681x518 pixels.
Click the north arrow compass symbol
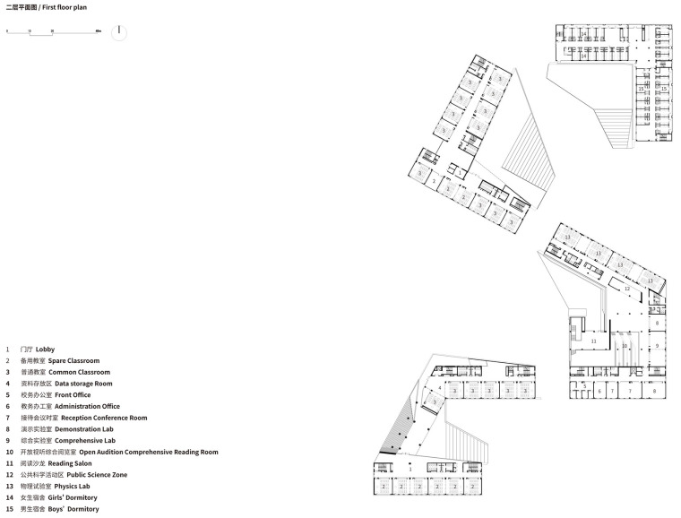pyautogui.click(x=118, y=32)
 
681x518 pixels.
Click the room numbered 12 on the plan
pyautogui.click(x=627, y=289)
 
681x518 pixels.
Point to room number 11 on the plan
pyautogui.click(x=592, y=341)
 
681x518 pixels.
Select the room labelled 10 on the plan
pyautogui.click(x=624, y=345)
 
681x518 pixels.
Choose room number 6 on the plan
pyautogui.click(x=599, y=391)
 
